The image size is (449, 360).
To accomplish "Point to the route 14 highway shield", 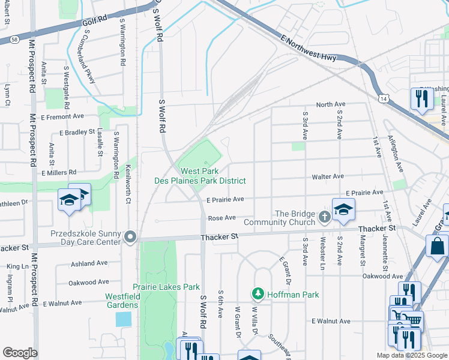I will (x=383, y=98).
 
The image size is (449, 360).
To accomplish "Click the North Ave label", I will (x=331, y=104).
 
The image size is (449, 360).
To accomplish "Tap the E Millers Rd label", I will (x=58, y=172).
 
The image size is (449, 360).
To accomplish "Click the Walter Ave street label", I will (x=327, y=176).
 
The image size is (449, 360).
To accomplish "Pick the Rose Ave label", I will (x=221, y=218).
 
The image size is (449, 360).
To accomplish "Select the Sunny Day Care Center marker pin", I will (x=130, y=238).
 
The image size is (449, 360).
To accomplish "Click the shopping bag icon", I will (x=438, y=245).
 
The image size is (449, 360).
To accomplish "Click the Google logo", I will (x=20, y=353).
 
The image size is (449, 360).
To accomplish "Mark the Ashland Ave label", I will (x=89, y=263).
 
